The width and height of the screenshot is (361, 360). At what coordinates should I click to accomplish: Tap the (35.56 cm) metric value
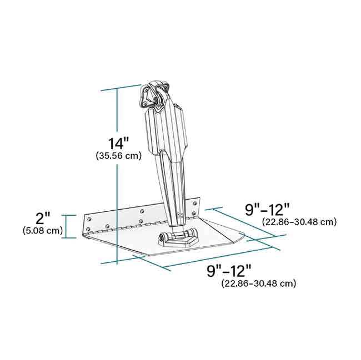click(118, 156)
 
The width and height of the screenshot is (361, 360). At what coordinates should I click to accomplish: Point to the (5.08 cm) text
click(43, 230)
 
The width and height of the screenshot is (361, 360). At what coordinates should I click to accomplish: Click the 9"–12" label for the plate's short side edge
click(268, 210)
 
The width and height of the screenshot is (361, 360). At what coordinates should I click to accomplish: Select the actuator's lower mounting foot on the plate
click(178, 239)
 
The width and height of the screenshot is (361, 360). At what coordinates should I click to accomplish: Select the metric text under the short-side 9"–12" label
click(299, 222)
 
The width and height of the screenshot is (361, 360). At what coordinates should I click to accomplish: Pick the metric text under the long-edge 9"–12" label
click(258, 283)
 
